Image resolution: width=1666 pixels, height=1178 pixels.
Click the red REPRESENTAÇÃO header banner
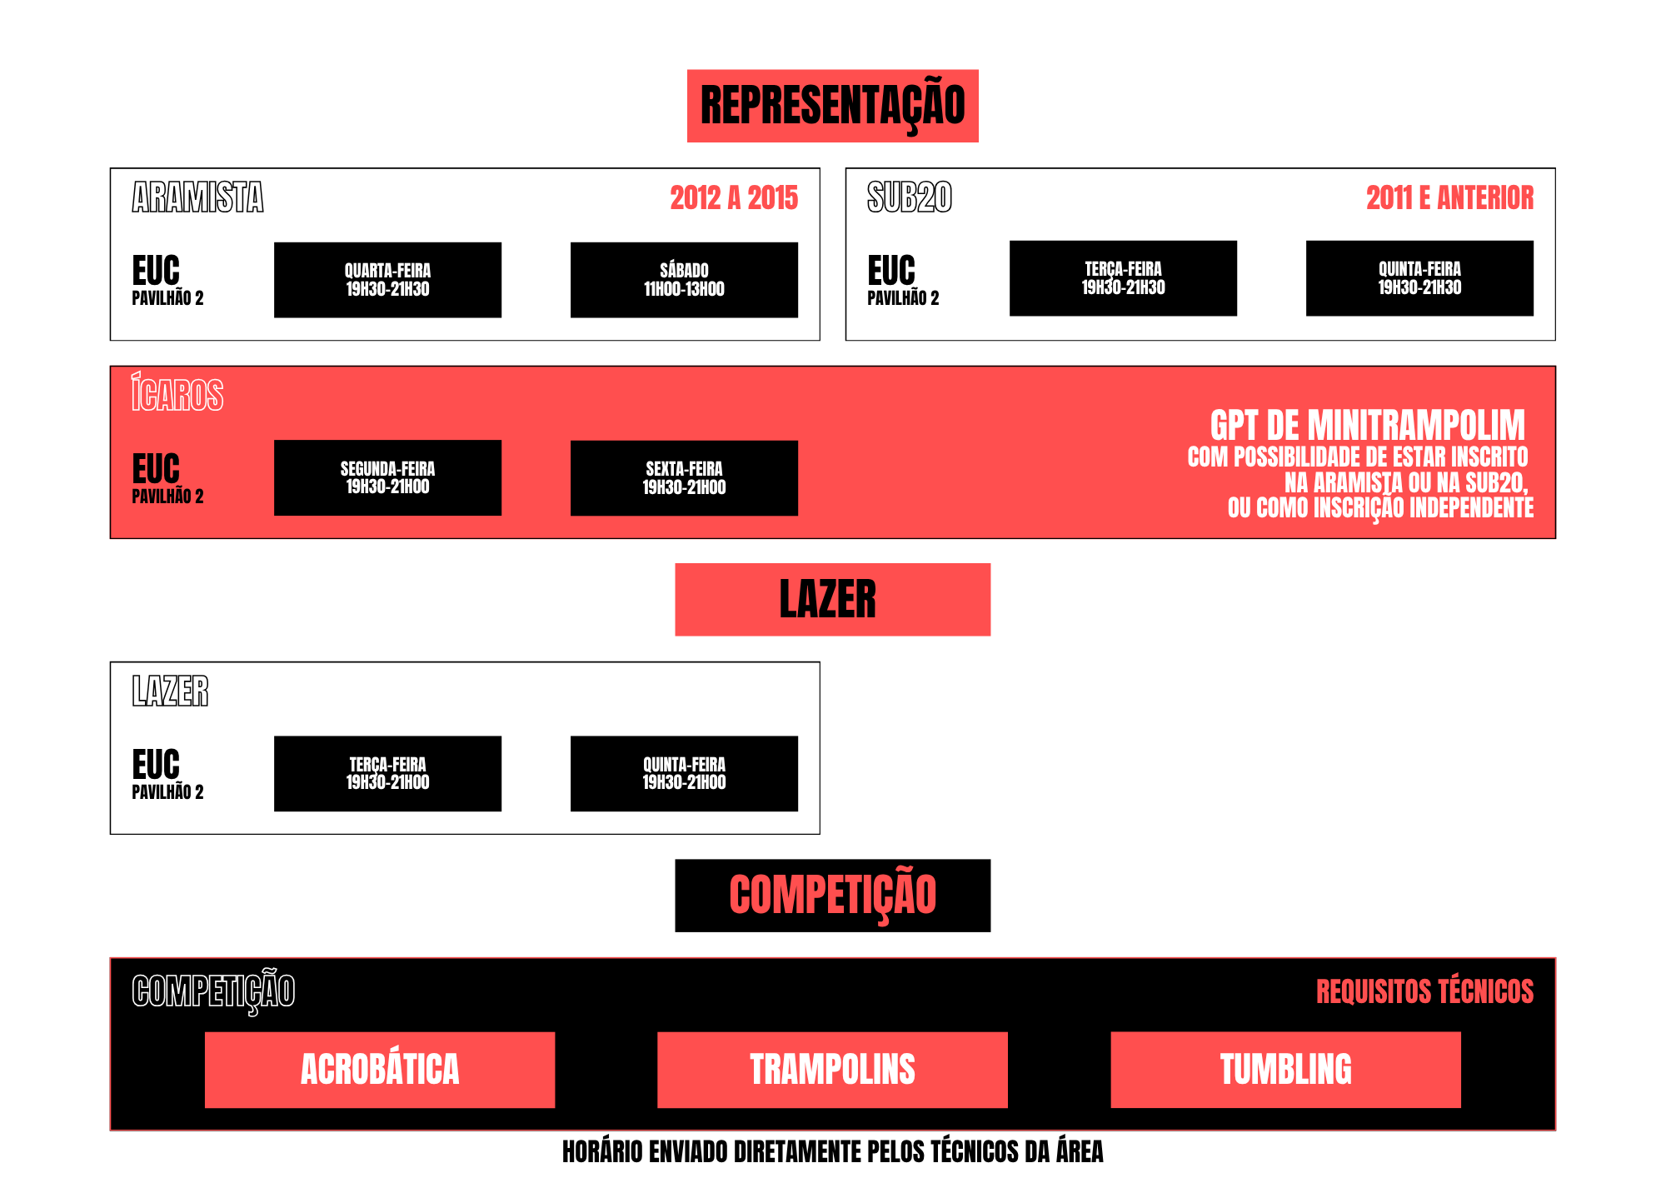click(833, 106)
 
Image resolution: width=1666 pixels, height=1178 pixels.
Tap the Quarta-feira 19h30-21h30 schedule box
click(387, 280)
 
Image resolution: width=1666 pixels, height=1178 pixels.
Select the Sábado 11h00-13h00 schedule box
click(684, 280)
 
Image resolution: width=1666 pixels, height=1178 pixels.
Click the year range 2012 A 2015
click(734, 198)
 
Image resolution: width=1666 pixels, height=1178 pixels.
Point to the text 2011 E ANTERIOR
click(1449, 198)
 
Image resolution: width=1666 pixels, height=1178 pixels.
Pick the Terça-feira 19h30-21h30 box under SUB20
click(1123, 278)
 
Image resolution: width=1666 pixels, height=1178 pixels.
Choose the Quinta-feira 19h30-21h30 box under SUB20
click(1419, 278)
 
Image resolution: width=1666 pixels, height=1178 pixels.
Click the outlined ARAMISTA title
click(197, 197)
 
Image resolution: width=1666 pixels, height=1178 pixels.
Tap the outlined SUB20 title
click(910, 197)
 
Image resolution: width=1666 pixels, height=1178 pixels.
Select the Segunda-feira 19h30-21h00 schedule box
click(387, 477)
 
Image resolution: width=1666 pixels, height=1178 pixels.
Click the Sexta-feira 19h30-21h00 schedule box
click(684, 477)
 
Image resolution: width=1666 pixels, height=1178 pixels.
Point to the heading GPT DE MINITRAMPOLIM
click(1368, 426)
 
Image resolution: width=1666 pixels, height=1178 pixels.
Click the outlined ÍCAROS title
click(177, 392)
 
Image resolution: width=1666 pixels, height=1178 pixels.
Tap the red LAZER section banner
click(833, 600)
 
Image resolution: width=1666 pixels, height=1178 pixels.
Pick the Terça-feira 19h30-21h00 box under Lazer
click(387, 773)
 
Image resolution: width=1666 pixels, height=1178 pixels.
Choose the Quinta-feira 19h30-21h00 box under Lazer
click(684, 773)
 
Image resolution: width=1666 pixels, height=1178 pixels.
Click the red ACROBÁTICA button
click(380, 1070)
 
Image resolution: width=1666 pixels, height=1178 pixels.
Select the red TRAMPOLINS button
click(832, 1070)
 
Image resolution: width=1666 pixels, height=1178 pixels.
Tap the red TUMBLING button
click(1286, 1070)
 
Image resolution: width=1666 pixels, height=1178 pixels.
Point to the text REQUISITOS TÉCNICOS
click(1424, 991)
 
